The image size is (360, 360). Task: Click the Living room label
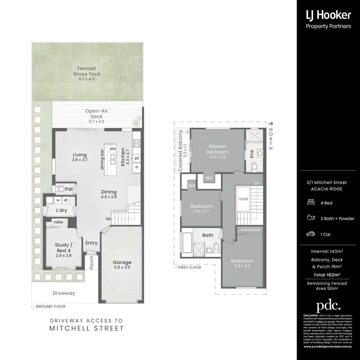tap(79, 155)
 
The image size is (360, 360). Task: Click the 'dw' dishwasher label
tap(113, 149)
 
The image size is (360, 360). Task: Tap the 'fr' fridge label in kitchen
tap(137, 167)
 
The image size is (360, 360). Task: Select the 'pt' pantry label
tap(137, 157)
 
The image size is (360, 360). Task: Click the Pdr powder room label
tap(69, 189)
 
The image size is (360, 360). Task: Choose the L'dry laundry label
tap(61, 211)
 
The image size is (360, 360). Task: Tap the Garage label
tap(122, 263)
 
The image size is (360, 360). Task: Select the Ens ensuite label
tap(252, 154)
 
